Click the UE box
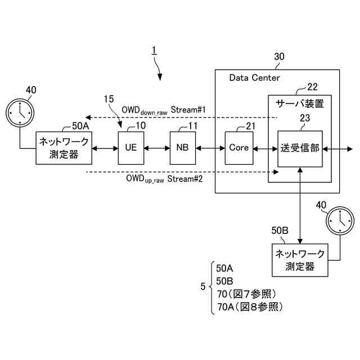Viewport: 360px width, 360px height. coord(131,148)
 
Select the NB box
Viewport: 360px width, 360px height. coord(183,148)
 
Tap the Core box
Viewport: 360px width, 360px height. coord(238,148)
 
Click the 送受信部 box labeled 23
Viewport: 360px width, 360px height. coord(300,148)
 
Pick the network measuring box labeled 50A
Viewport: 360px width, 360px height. coord(64,148)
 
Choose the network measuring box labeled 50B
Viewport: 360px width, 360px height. coord(300,260)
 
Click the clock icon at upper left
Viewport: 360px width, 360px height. coord(20,112)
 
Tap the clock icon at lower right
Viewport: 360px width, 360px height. coord(340,220)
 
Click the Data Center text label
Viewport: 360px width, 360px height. coord(254,78)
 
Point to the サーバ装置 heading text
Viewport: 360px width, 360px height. coord(300,103)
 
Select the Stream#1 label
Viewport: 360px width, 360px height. coord(188,110)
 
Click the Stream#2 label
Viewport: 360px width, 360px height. coord(185,179)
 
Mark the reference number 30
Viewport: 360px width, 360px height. coord(279,56)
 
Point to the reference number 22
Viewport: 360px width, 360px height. coord(313,87)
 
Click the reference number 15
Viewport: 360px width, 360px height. coord(109,99)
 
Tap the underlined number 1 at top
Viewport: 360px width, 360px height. coord(154,51)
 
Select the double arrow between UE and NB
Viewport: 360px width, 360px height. coord(157,148)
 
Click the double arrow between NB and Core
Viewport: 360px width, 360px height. coord(210,148)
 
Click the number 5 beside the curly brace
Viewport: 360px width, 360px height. coord(203,286)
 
